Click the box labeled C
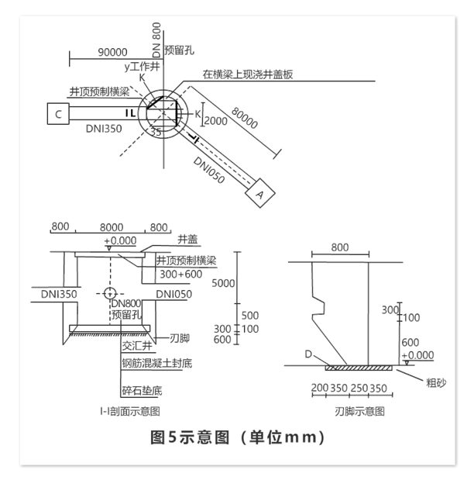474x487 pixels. click(x=57, y=115)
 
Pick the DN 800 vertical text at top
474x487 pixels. click(x=156, y=41)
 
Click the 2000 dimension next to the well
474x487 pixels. click(x=217, y=120)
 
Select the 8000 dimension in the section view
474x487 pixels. click(x=112, y=227)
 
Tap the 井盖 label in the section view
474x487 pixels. click(x=187, y=239)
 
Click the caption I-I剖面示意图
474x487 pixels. click(x=129, y=410)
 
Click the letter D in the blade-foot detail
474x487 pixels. click(x=308, y=354)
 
